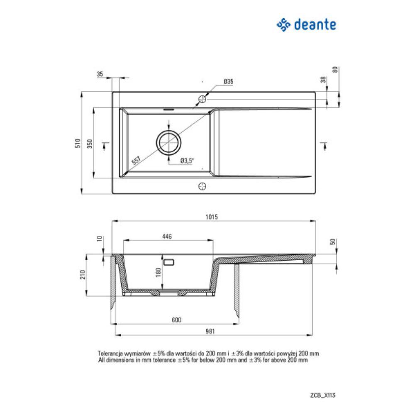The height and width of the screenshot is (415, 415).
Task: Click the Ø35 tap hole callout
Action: (228, 82)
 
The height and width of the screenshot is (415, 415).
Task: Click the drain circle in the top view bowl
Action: (168, 142)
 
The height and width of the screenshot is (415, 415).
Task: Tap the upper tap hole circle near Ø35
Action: (202, 99)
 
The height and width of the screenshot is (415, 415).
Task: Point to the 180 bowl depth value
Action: (158, 272)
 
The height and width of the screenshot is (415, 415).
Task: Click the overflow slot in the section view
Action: (168, 262)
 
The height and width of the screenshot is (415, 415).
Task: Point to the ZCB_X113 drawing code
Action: (322, 395)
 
